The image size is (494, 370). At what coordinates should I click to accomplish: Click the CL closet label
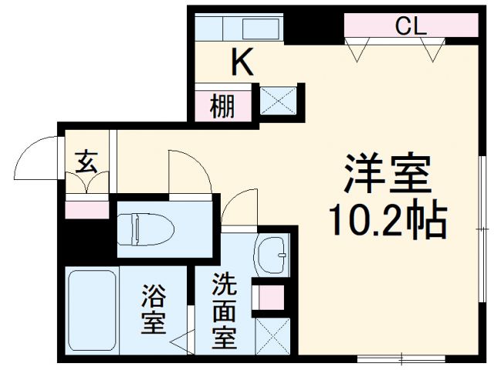coord(411,26)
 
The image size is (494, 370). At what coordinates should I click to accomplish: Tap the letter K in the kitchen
coord(242,62)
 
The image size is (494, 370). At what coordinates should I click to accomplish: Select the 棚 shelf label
coord(222,106)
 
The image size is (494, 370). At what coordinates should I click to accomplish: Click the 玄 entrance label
coord(86,162)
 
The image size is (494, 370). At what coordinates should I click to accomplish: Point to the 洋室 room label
coord(387,174)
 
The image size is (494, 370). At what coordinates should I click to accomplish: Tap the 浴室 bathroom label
coord(154,309)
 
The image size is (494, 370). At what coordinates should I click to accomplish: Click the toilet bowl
coord(146,229)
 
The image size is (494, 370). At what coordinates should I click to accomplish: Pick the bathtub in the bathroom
coord(92,311)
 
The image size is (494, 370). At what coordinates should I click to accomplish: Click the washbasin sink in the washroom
coord(272,255)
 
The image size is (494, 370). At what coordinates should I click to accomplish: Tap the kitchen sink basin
coord(261,29)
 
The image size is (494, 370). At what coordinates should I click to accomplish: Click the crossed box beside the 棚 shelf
coord(278,101)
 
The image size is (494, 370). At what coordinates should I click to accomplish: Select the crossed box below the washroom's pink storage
coord(272,336)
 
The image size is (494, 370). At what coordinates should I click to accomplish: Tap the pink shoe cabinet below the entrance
coord(87,210)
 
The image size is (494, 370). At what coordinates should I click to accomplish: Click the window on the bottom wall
coord(401,358)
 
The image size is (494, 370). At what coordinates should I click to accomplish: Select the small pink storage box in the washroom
coord(272,298)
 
